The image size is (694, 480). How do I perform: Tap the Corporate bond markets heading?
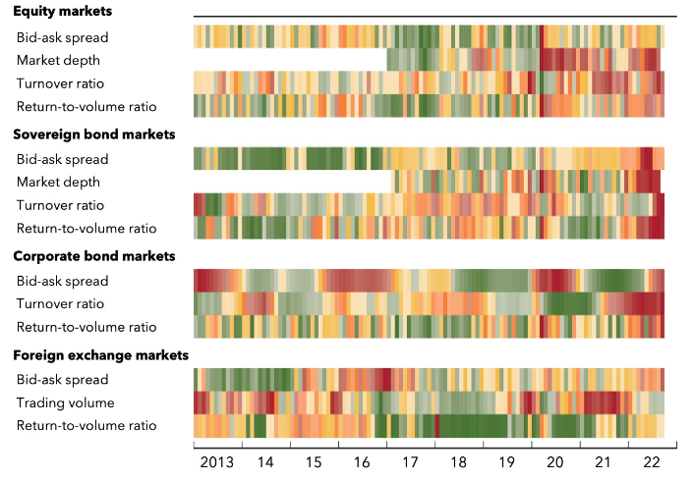(92, 256)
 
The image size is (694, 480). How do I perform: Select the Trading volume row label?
(65, 402)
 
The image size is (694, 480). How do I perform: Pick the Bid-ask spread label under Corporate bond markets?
(62, 281)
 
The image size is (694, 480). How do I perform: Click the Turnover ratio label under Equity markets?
(60, 83)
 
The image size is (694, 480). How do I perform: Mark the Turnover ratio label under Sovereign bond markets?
(60, 205)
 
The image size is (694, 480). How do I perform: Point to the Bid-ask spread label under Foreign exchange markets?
(62, 379)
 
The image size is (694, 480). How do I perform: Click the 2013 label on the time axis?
(217, 461)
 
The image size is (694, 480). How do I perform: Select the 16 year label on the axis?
(362, 461)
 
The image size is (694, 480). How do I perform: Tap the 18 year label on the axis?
(458, 461)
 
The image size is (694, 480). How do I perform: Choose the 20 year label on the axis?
(554, 461)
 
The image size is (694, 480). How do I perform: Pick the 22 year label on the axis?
(651, 461)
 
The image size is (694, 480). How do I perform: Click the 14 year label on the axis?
(265, 461)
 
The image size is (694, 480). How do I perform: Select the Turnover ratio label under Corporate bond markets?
(60, 303)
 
